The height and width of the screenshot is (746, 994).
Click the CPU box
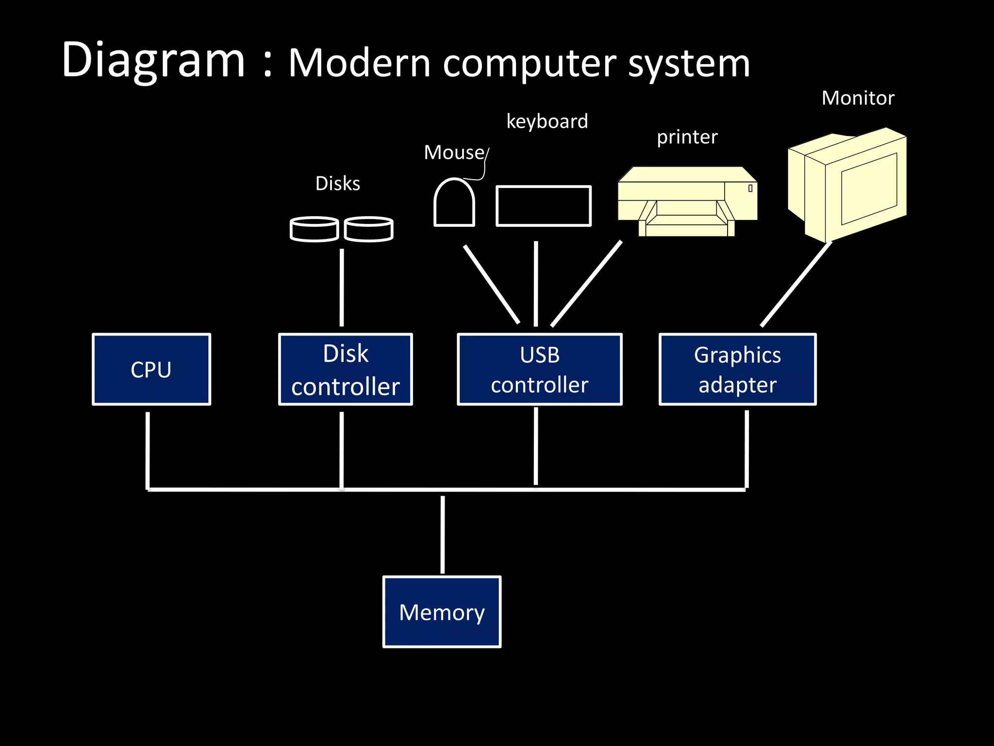(x=151, y=369)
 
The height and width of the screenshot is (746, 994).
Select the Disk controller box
(x=345, y=369)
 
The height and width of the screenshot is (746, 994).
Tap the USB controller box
(x=539, y=369)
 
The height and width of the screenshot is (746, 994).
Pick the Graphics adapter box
(x=737, y=369)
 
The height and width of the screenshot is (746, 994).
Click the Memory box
(x=442, y=612)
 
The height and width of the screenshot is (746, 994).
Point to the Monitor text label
(x=858, y=98)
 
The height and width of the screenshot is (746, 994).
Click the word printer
(x=687, y=137)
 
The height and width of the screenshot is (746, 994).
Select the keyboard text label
(x=547, y=121)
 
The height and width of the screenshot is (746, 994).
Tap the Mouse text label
(x=454, y=153)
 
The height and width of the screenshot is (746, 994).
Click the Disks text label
(x=338, y=184)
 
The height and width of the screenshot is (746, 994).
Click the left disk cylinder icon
(x=314, y=229)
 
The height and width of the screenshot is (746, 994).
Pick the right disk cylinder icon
(x=369, y=229)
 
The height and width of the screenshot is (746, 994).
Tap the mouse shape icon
(x=454, y=204)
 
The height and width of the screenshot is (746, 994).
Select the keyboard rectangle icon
(x=543, y=206)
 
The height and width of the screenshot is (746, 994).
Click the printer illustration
(x=687, y=202)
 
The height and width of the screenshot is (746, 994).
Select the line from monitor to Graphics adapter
(x=796, y=284)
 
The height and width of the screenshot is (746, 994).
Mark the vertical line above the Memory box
(x=442, y=534)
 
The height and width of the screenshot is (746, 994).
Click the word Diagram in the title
(x=153, y=61)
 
